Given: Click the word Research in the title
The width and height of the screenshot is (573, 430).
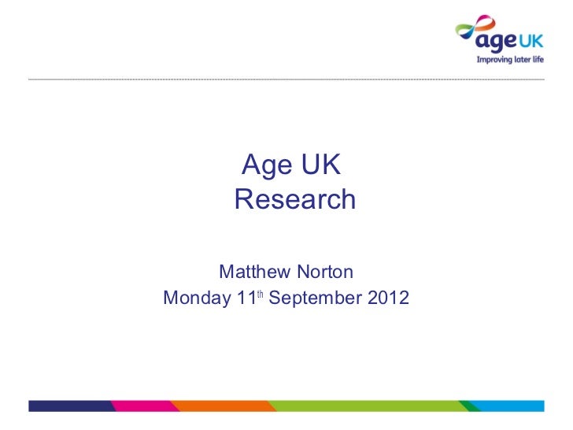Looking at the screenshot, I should click(295, 200).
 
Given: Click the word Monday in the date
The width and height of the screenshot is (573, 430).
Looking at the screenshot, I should click(196, 300).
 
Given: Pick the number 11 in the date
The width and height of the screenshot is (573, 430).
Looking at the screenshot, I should click(246, 300).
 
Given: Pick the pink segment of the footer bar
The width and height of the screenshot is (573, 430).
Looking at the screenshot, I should click(142, 406).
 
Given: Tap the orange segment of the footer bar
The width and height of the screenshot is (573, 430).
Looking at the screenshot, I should click(224, 406).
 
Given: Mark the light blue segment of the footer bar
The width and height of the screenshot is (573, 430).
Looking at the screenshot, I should click(512, 406).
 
